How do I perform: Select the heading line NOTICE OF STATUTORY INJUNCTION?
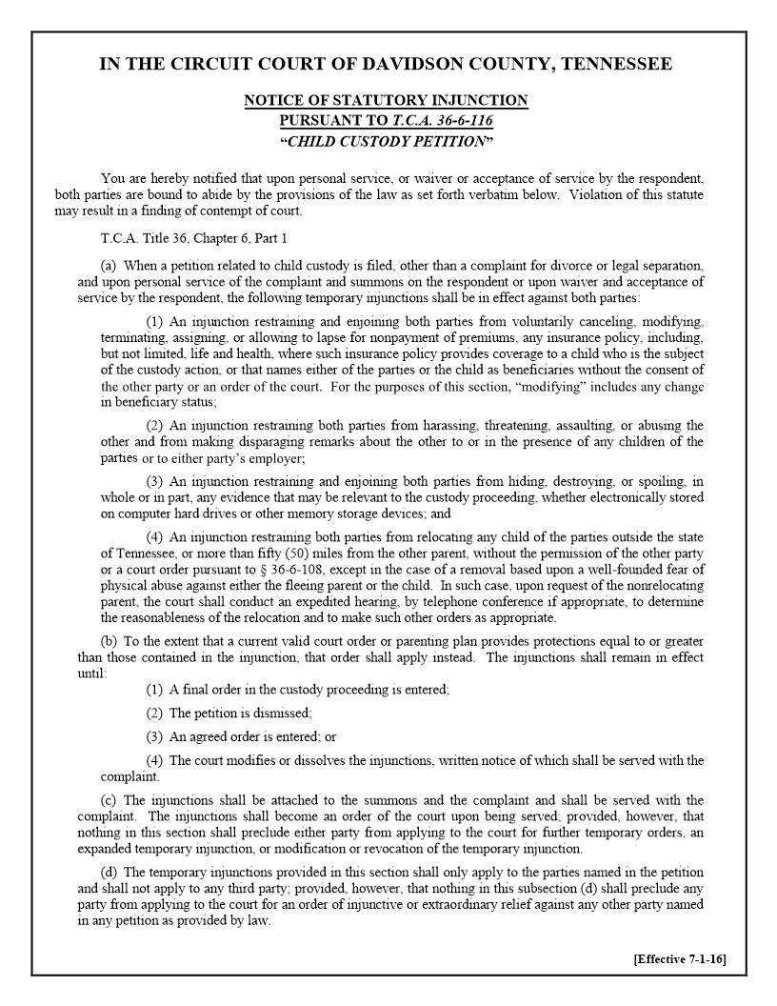pos(386,100)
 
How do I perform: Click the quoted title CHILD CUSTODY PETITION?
pos(386,142)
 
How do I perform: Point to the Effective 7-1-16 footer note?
pos(679,958)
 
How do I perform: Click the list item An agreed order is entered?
pos(245,736)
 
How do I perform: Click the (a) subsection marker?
pos(109,265)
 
